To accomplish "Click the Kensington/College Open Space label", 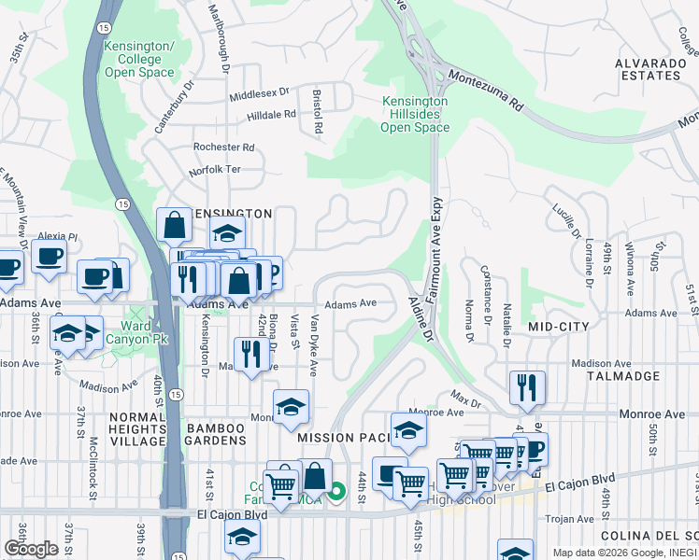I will point(139,59).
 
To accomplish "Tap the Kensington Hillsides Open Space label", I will point(415,114).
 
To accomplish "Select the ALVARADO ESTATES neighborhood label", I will point(647,68).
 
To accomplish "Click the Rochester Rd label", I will point(223,147).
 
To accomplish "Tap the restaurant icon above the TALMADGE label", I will point(527,385).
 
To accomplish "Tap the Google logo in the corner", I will point(31,549).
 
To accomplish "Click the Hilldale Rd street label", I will point(271,115).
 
